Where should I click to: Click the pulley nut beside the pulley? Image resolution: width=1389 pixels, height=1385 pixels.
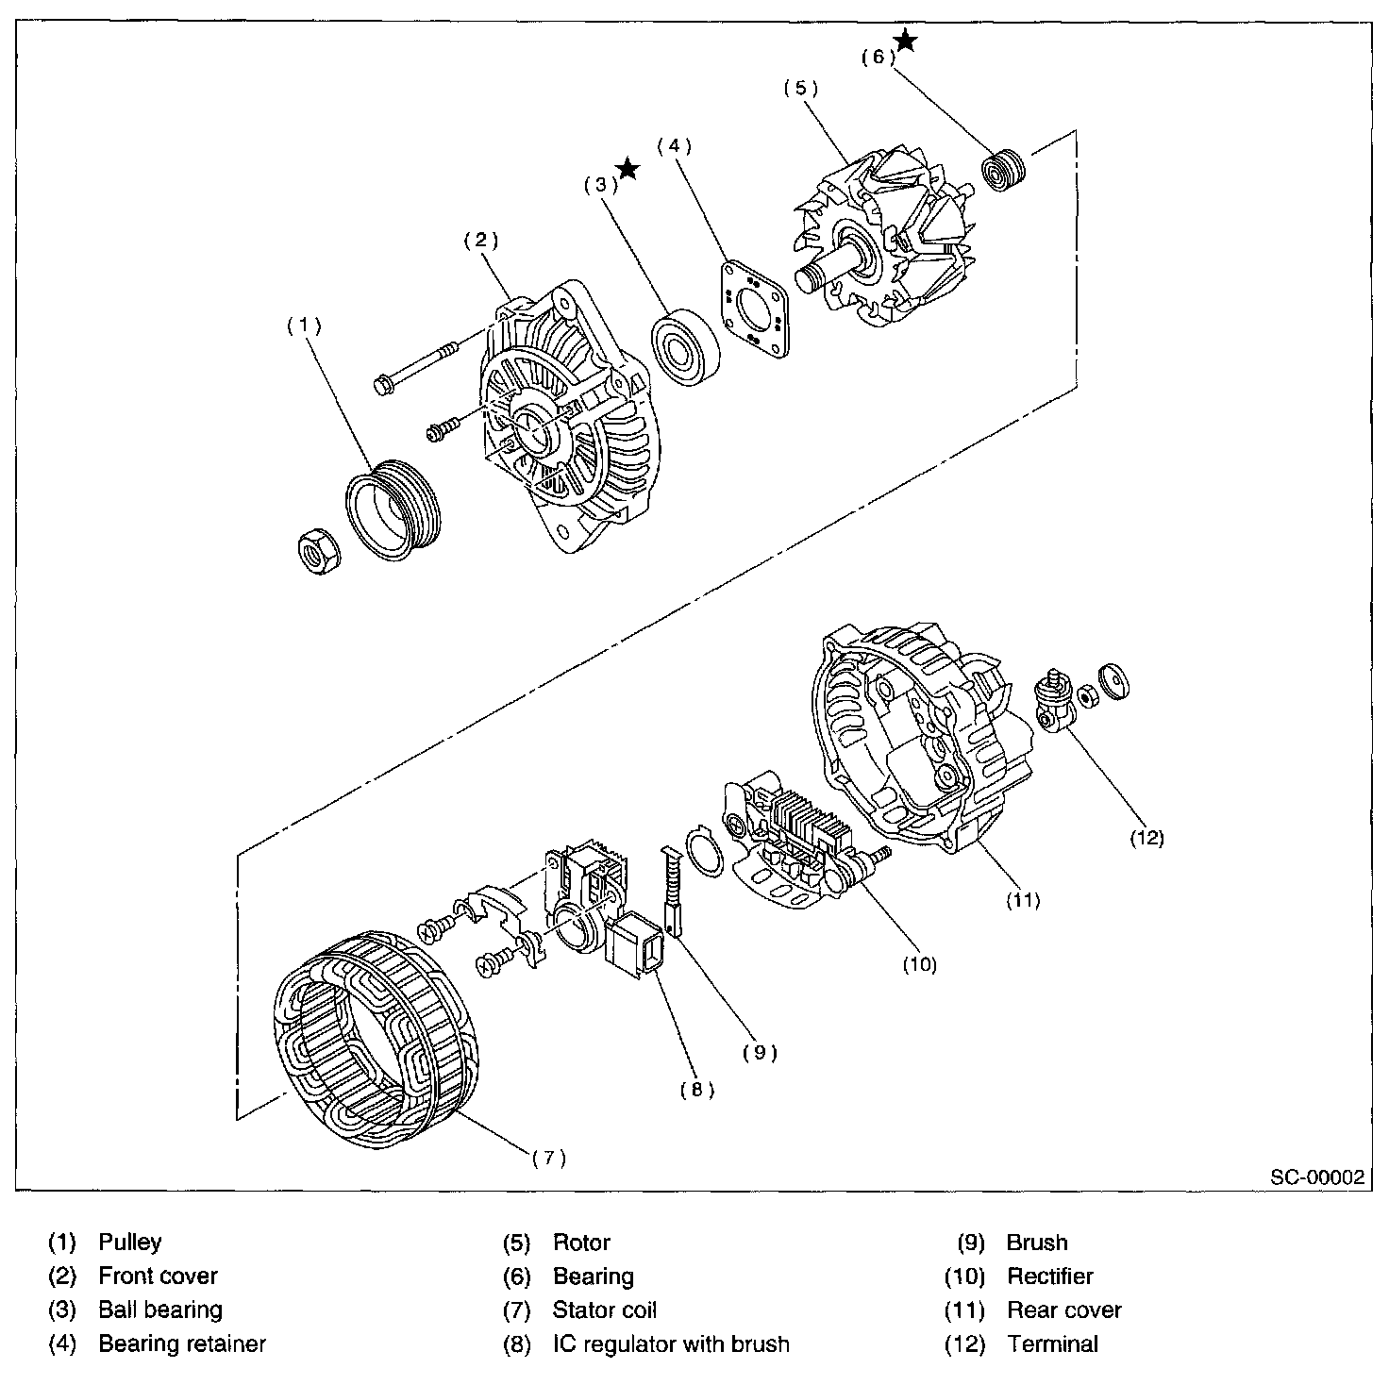(x=319, y=551)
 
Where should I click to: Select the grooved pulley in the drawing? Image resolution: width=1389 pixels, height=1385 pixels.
(x=393, y=509)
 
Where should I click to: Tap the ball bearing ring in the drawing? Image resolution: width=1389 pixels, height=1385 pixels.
(x=685, y=347)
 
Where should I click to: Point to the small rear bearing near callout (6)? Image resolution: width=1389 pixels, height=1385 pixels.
(x=1004, y=171)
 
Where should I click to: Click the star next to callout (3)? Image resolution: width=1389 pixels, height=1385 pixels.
(x=628, y=169)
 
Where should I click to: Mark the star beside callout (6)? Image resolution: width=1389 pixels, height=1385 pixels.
(x=905, y=41)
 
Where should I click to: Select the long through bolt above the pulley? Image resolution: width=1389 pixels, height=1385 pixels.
(x=415, y=368)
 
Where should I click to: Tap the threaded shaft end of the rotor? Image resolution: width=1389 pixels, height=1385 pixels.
(x=813, y=277)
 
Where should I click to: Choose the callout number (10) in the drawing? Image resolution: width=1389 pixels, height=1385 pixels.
(x=920, y=964)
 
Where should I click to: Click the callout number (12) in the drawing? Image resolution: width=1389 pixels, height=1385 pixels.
(x=1146, y=838)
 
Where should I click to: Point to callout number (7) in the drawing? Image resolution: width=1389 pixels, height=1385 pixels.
(x=549, y=1159)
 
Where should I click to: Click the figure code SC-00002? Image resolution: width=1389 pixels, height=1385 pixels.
(x=1317, y=1177)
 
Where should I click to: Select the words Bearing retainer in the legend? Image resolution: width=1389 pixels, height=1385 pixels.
(x=182, y=1343)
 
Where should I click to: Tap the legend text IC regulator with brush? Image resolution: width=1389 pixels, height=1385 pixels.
(x=671, y=1343)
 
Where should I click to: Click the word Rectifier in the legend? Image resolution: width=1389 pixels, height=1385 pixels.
(x=1049, y=1277)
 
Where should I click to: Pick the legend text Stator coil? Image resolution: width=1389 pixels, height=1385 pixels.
(x=605, y=1310)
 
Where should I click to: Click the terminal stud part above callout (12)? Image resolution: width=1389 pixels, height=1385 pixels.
(x=1055, y=701)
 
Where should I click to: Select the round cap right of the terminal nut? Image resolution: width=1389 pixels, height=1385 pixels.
(x=1113, y=680)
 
